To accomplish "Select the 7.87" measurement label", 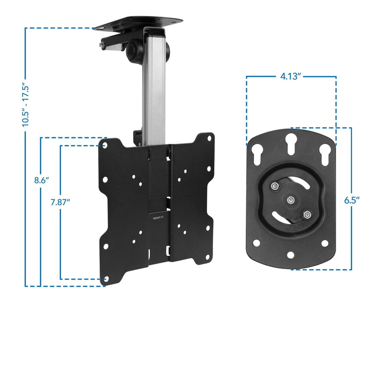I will [x=61, y=202].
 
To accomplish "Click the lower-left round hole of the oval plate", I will [x=255, y=244].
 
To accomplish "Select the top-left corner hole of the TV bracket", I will [x=105, y=144].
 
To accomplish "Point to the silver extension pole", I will [x=153, y=89].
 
